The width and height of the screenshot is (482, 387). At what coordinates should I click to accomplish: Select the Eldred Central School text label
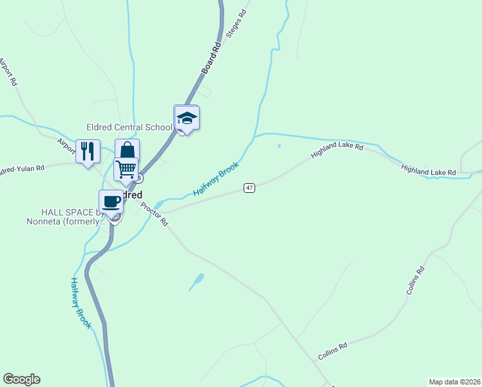pyautogui.click(x=129, y=127)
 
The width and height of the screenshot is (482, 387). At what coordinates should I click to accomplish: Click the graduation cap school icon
pyautogui.click(x=187, y=118)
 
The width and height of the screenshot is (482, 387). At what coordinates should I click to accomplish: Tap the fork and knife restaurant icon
pyautogui.click(x=88, y=152)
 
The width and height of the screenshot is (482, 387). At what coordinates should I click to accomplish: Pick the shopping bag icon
pyautogui.click(x=128, y=151)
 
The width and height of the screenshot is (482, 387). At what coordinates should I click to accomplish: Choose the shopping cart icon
pyautogui.click(x=126, y=169)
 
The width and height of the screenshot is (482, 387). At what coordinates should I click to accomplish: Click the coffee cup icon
pyautogui.click(x=111, y=201)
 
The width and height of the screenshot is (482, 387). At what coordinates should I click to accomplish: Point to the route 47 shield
pyautogui.click(x=250, y=188)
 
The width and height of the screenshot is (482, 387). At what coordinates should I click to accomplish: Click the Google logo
pyautogui.click(x=21, y=379)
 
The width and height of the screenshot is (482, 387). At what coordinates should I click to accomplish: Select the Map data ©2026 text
pyautogui.click(x=454, y=381)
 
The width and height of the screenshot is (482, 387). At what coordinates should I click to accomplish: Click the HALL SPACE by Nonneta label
pyautogui.click(x=71, y=217)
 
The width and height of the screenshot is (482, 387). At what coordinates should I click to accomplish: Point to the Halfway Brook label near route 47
pyautogui.click(x=216, y=179)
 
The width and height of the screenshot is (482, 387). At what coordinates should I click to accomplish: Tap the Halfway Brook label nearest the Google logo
pyautogui.click(x=81, y=303)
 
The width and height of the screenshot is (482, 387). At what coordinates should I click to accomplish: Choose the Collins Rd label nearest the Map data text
pyautogui.click(x=333, y=352)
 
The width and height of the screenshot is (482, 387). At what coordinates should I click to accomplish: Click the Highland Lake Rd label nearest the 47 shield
pyautogui.click(x=337, y=152)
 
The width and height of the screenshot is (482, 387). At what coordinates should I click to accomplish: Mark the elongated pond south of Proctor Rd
pyautogui.click(x=197, y=281)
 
